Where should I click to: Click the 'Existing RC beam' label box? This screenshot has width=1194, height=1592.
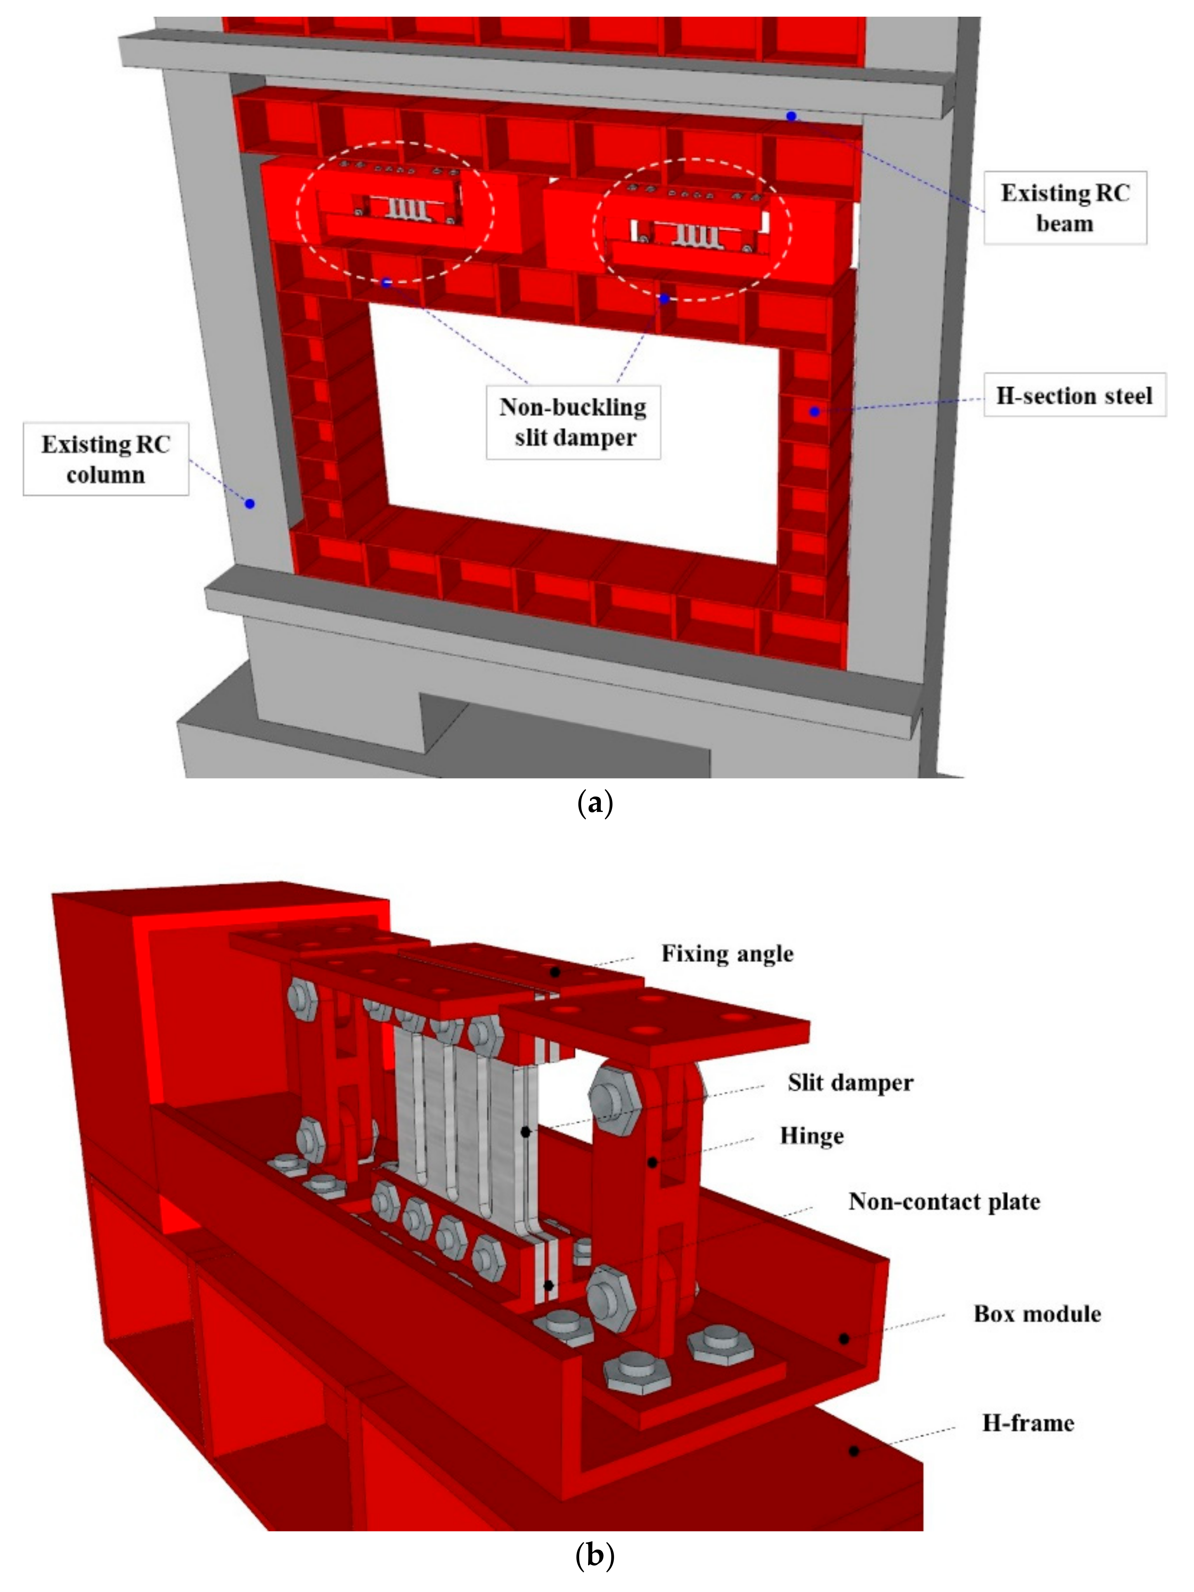pyautogui.click(x=1064, y=208)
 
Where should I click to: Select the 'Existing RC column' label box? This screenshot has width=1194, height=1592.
pyautogui.click(x=106, y=459)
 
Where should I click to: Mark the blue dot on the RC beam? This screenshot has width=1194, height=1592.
pyautogui.click(x=791, y=116)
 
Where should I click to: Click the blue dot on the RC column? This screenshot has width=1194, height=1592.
pyautogui.click(x=250, y=504)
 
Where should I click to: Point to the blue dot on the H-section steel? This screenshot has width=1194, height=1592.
pyautogui.click(x=814, y=412)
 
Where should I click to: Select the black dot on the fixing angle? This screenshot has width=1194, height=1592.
pyautogui.click(x=555, y=972)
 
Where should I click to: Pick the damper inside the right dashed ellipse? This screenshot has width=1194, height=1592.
pyautogui.click(x=696, y=235)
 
